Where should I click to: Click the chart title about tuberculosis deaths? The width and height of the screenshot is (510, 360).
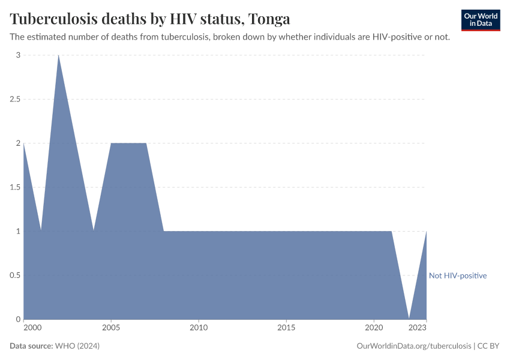(x=150, y=19)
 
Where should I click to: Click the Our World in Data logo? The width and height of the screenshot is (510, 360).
(x=480, y=19)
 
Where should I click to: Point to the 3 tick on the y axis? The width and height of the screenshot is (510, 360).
(x=18, y=55)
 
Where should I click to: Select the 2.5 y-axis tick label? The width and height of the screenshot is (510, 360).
(x=15, y=99)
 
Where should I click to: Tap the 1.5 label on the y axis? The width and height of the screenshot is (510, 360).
(x=15, y=187)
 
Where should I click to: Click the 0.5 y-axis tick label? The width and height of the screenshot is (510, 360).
(x=15, y=275)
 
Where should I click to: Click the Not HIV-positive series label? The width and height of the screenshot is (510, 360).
(x=457, y=275)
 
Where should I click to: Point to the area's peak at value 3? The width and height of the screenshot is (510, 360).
(x=58, y=56)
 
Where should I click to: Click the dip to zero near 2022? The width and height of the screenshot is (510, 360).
(x=409, y=318)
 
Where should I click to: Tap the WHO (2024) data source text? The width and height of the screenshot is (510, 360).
(x=77, y=346)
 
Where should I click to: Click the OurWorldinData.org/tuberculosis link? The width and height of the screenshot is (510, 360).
(x=413, y=346)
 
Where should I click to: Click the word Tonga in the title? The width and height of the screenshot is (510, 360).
(x=269, y=19)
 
